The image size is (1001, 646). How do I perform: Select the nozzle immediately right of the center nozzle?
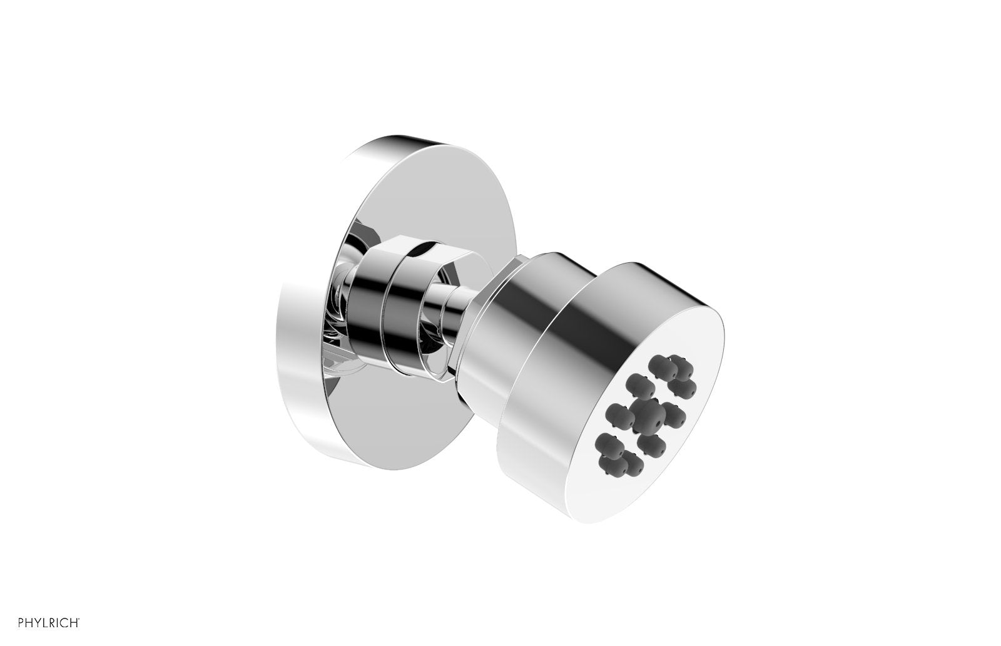(x=674, y=416)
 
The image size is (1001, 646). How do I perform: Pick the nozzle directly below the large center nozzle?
(x=652, y=446)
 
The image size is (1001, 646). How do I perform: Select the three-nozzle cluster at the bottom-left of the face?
(x=616, y=455)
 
